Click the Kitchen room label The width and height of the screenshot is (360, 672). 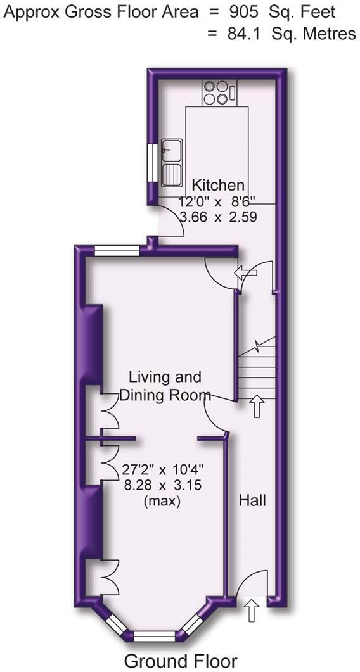pyautogui.click(x=218, y=185)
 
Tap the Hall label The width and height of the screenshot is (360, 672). pyautogui.click(x=252, y=500)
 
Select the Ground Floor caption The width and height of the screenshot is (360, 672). pyautogui.click(x=181, y=661)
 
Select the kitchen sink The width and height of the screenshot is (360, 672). pyautogui.click(x=172, y=162)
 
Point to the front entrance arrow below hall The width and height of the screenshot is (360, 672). pyautogui.click(x=251, y=612)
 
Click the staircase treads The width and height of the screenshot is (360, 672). pyautogui.click(x=258, y=374)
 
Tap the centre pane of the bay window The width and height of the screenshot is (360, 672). pyautogui.click(x=155, y=634)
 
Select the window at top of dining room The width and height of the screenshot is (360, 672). pyautogui.click(x=117, y=251)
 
